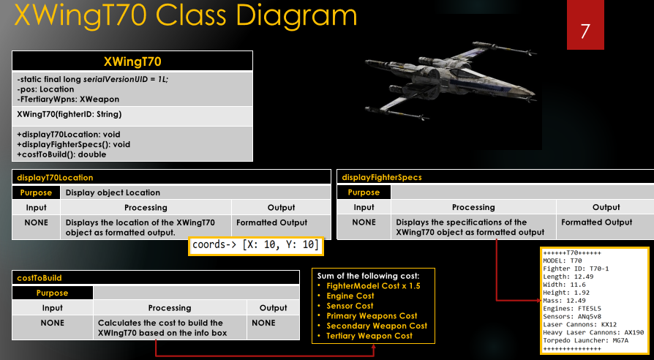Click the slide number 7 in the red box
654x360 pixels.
coord(585,31)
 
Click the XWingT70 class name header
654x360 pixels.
coord(132,61)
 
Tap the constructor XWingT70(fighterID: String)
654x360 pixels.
coord(69,114)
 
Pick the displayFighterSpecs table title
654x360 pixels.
coord(382,178)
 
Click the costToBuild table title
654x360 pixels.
coord(40,278)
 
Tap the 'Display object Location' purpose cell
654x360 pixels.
coord(113,192)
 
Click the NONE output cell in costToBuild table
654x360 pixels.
coord(273,323)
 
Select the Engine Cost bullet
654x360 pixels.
coord(350,296)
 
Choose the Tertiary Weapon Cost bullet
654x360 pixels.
coord(369,336)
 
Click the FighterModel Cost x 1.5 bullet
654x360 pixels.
coord(373,285)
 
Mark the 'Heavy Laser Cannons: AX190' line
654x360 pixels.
coord(593,332)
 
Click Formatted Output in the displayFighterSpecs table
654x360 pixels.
coord(596,222)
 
